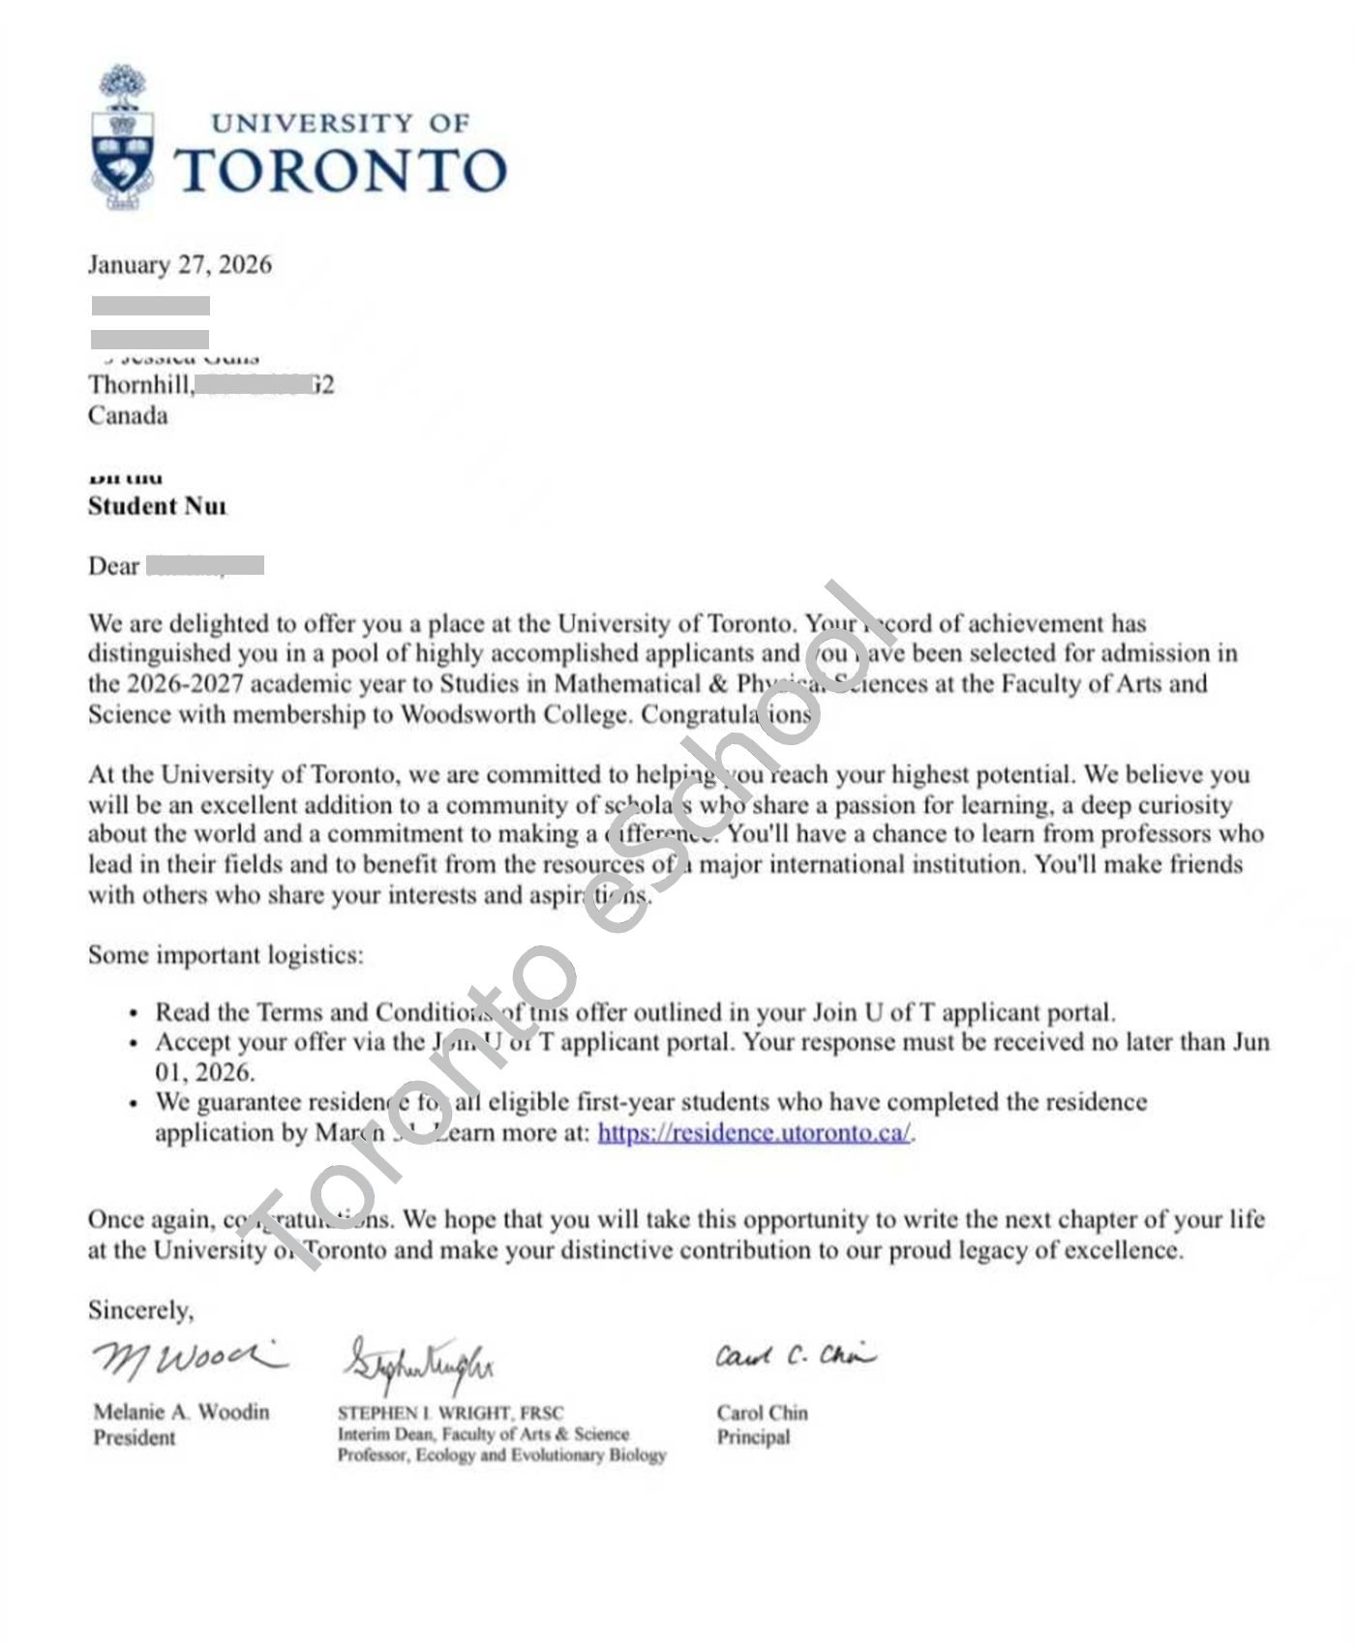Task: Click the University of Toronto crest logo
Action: point(122,137)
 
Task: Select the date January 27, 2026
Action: point(180,265)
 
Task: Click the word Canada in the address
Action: point(128,416)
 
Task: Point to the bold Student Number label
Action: point(157,506)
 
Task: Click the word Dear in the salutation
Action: point(113,566)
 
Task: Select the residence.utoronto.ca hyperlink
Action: point(754,1133)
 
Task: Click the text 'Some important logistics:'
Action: point(226,955)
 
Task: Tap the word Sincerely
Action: point(140,1310)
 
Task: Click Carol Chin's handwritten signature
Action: point(795,1356)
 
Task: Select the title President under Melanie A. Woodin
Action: point(135,1438)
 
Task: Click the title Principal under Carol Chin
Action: point(753,1438)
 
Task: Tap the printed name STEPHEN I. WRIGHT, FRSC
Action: point(450,1413)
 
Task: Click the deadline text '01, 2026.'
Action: point(204,1073)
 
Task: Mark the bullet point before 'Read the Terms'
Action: point(134,1014)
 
